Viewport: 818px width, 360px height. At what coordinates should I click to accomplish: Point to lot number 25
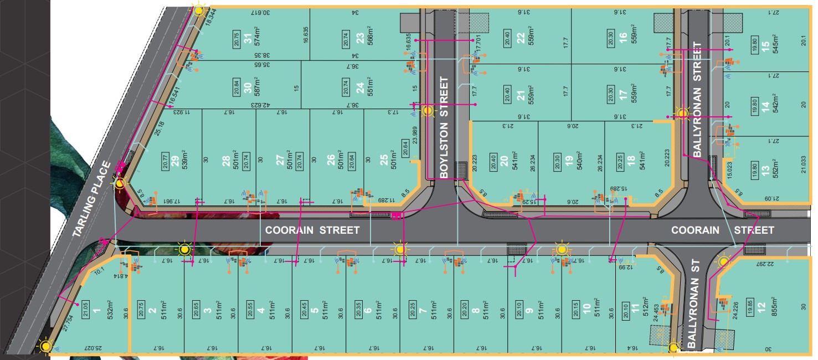click(x=384, y=161)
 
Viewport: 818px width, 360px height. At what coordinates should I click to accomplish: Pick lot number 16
click(x=623, y=38)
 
